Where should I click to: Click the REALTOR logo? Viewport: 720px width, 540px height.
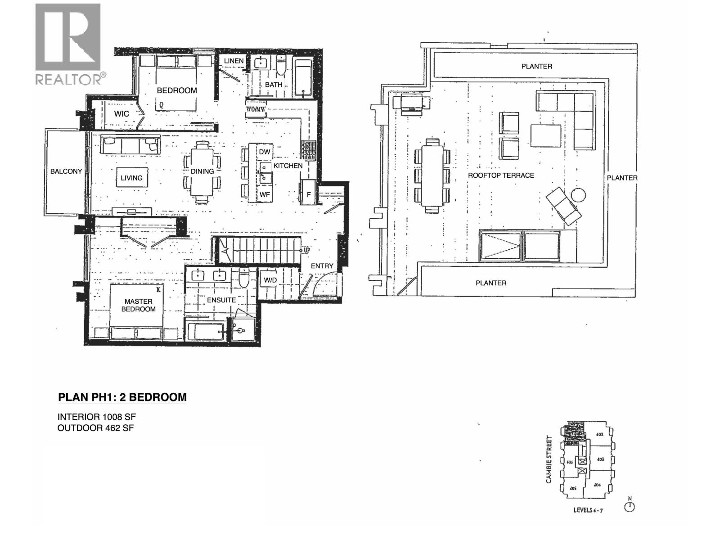(x=68, y=44)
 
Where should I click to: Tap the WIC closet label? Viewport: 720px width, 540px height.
(x=121, y=114)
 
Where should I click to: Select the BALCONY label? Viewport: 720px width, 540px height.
(x=66, y=171)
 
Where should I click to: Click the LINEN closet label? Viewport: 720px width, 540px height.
(x=234, y=61)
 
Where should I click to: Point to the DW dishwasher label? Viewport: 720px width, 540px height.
(x=265, y=152)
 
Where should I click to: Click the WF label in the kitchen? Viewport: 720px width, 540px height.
(x=265, y=195)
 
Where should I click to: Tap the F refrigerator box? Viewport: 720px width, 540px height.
(x=309, y=195)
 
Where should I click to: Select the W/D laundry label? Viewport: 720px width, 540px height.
(x=270, y=280)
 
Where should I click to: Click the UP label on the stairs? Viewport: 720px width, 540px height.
(x=306, y=250)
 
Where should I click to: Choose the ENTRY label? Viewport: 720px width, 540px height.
(x=322, y=266)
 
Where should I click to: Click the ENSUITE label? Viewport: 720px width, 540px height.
(x=221, y=300)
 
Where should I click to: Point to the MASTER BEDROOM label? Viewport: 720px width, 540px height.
(x=138, y=305)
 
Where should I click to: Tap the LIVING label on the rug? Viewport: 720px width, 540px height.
(x=131, y=178)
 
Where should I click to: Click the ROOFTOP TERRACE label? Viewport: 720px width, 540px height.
(x=501, y=175)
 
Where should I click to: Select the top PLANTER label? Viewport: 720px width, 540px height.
(x=536, y=66)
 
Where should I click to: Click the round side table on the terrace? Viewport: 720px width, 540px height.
(x=578, y=195)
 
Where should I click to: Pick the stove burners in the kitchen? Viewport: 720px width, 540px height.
(x=309, y=150)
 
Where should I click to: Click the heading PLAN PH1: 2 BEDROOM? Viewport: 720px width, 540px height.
(x=122, y=397)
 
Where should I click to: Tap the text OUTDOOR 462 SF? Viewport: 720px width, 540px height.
(x=95, y=428)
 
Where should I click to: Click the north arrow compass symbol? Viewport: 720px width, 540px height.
(x=630, y=506)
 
